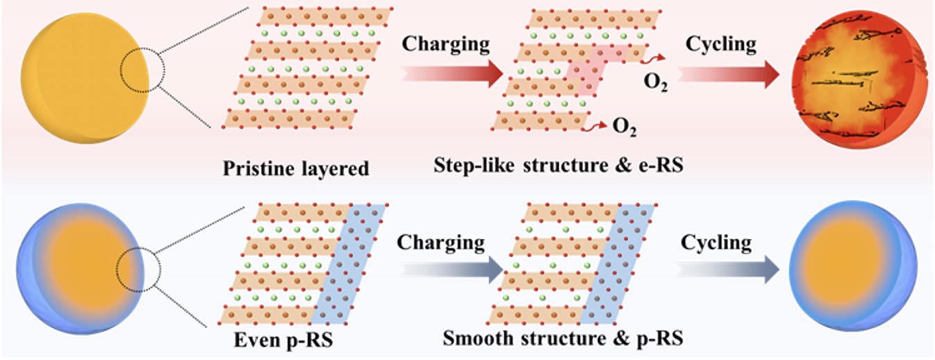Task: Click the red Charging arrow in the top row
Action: pos(452,74)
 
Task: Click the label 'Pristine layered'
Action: pos(297,168)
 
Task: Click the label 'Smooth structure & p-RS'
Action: pos(563,338)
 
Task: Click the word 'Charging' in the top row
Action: pos(446,44)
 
